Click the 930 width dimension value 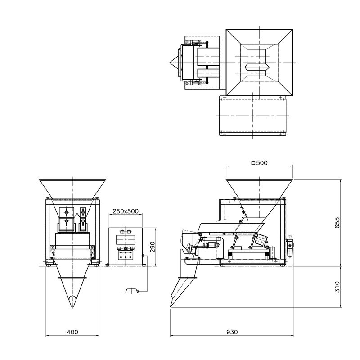pos(232,332)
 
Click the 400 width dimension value pos(72,332)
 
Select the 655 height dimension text pos(337,223)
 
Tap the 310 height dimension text pos(337,287)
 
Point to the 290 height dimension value pos(153,247)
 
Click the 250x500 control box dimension pos(126,211)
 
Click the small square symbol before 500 pos(253,163)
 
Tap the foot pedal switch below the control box pos(132,291)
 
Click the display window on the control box pos(126,240)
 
